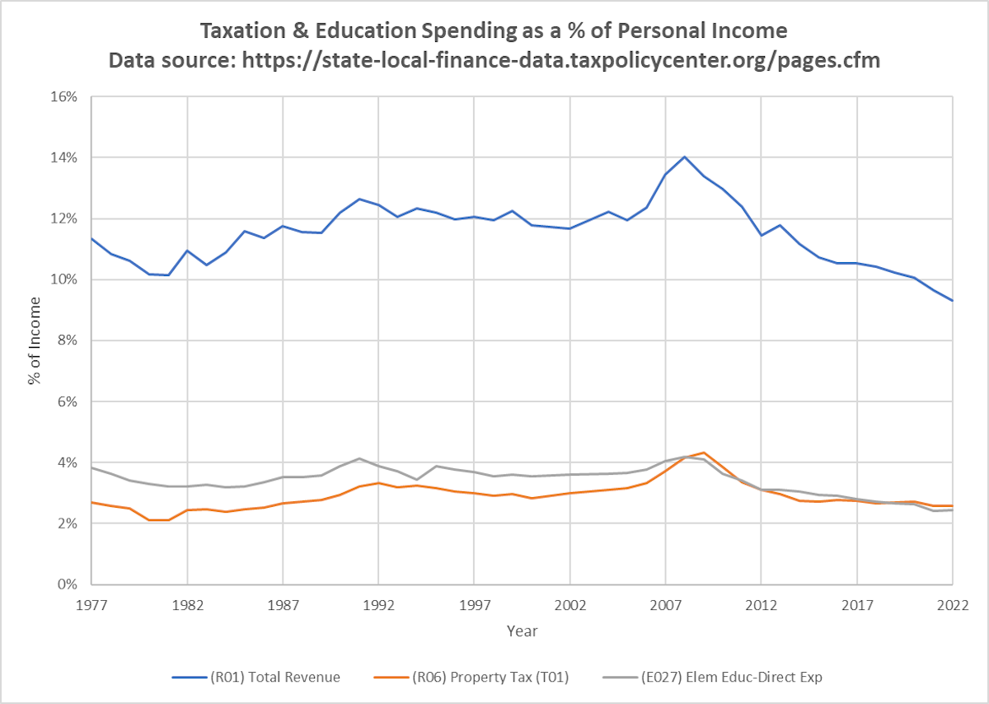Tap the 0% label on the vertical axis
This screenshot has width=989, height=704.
coord(69,584)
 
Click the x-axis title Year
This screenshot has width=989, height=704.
coord(523,631)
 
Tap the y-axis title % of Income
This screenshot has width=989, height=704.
coord(34,340)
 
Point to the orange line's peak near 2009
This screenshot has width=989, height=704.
coord(704,453)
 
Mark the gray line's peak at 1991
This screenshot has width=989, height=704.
coord(359,458)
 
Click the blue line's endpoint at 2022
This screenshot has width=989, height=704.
coord(953,301)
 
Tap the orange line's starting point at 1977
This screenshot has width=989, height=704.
coord(91,502)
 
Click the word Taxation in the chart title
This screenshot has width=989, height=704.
coord(246,31)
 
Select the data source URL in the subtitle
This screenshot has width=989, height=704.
coord(561,60)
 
